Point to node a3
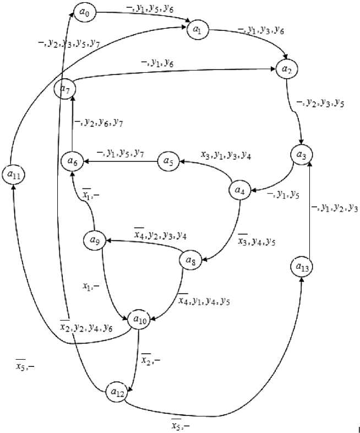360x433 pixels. (301, 155)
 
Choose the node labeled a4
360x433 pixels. (239, 191)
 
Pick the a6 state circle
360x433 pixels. (72, 161)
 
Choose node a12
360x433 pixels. (117, 392)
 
